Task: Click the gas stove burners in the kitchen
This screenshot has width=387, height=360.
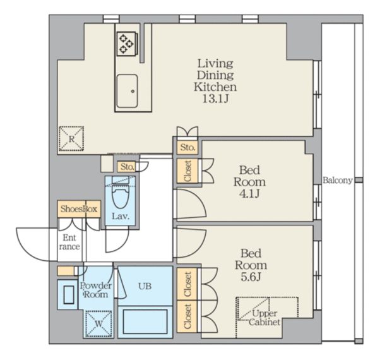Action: click(127, 44)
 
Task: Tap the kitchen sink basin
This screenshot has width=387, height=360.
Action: click(127, 91)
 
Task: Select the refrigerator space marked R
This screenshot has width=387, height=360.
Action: click(71, 139)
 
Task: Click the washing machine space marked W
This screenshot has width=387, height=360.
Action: click(98, 324)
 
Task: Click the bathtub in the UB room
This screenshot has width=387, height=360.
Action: click(145, 321)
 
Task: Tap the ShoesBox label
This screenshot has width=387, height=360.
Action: click(79, 209)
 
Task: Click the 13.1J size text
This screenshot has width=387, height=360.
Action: click(215, 99)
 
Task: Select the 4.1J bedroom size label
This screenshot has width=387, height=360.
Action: click(249, 194)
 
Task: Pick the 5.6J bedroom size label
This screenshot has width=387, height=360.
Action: click(251, 277)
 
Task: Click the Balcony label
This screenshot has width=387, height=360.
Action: click(337, 181)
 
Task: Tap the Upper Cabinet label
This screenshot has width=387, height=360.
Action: click(265, 318)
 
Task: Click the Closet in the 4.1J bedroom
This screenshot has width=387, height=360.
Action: click(188, 171)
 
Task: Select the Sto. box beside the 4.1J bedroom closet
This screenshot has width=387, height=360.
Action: click(188, 148)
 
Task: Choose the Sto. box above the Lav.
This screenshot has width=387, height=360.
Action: click(127, 167)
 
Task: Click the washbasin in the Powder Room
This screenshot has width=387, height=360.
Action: click(69, 294)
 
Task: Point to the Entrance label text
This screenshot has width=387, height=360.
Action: click(69, 243)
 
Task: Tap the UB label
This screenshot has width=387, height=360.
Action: click(145, 286)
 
